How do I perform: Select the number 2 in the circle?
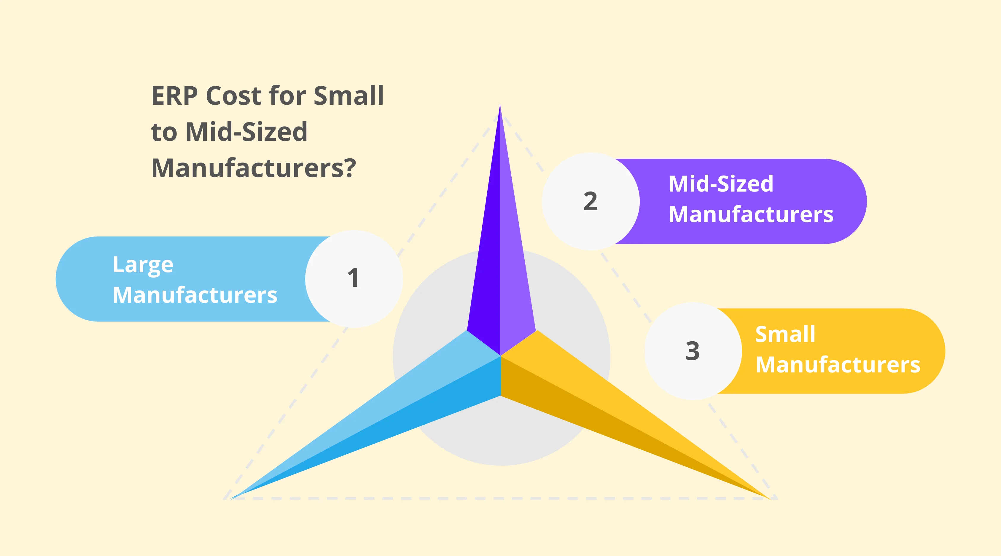[590, 201]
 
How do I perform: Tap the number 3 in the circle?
[693, 351]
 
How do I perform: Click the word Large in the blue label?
[143, 265]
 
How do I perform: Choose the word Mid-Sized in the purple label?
[721, 184]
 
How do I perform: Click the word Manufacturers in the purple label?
[751, 214]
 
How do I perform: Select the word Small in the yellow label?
[785, 334]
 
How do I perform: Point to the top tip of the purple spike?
[500, 106]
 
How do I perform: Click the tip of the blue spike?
[232, 498]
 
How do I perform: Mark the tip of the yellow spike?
[769, 498]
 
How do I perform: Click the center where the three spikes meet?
[501, 356]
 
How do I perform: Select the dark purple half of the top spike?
[486, 272]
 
